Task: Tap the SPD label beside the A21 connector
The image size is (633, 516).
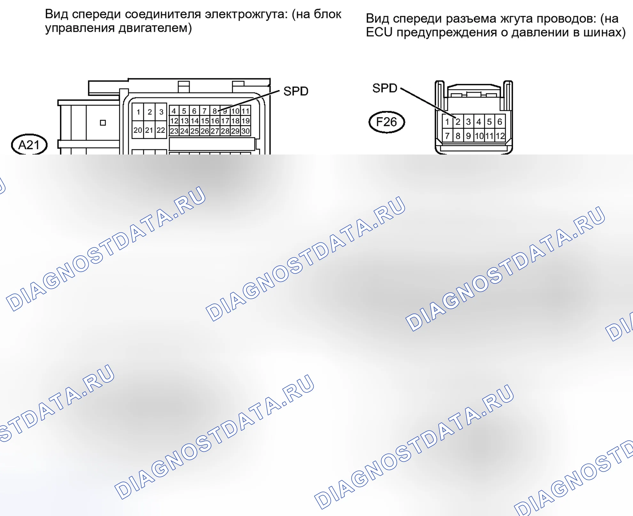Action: pos(296,91)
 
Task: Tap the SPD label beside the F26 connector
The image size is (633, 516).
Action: pos(385,88)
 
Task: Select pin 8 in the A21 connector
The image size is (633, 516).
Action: pos(215,111)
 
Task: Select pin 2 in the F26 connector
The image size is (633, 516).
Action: pos(458,122)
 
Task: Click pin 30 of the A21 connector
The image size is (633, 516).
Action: pos(245,131)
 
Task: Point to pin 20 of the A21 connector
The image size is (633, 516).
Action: pos(138,130)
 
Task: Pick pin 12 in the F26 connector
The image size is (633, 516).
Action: pos(500,136)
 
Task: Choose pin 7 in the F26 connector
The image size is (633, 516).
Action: pos(447,136)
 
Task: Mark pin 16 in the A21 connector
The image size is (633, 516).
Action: pos(215,121)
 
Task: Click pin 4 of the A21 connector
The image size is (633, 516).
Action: pos(174,111)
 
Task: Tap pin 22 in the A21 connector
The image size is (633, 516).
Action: pos(161,130)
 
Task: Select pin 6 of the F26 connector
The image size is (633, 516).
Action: pos(500,122)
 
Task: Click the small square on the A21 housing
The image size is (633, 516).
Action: pos(103,123)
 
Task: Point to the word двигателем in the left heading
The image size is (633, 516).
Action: pos(155,28)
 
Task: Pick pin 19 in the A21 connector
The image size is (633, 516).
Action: pos(245,121)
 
